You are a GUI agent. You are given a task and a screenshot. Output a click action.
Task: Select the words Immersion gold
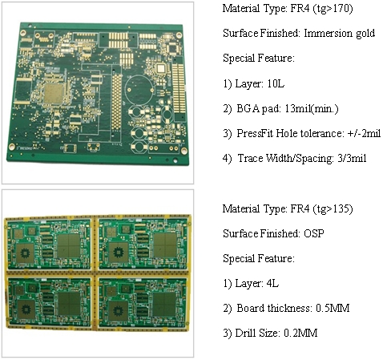tap(340, 33)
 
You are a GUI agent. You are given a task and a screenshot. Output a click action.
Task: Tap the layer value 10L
tap(276, 84)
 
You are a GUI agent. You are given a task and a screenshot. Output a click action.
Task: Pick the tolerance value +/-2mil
tap(364, 133)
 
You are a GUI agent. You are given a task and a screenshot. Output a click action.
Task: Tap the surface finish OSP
tap(314, 233)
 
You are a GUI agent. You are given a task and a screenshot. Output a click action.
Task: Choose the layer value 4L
tap(272, 283)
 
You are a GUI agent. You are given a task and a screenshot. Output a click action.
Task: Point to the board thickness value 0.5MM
tap(333, 308)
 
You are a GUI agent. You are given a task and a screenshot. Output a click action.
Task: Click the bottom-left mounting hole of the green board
tap(11, 147)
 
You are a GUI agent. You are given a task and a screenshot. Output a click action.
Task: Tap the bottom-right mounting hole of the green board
tap(184, 151)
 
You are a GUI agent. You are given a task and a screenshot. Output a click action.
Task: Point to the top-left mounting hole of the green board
tap(23, 33)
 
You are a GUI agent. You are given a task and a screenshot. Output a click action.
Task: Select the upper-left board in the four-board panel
tap(49, 243)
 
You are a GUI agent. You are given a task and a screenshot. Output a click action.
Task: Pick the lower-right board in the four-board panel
tap(143, 303)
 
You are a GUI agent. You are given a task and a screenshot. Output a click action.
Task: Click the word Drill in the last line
tap(244, 333)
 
